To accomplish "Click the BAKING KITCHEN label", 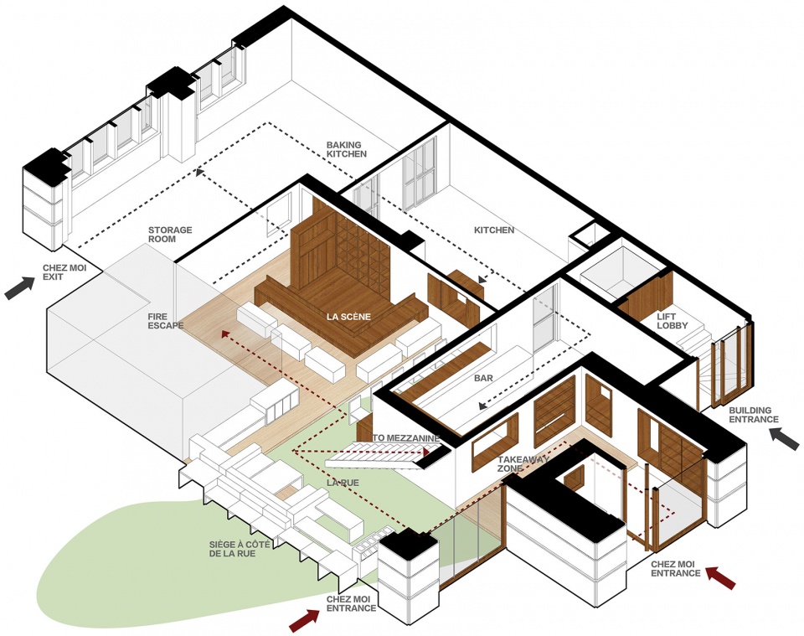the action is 347,149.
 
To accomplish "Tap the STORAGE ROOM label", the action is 170,235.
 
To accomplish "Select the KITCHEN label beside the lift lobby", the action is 494,230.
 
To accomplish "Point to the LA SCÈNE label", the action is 348,317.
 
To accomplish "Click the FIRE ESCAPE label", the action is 166,321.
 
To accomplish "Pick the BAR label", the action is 483,378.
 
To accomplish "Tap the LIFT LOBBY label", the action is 673,321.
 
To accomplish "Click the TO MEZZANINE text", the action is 406,438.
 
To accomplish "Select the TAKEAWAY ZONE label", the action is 523,463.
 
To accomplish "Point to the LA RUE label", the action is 343,483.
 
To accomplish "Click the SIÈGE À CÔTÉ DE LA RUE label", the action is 240,550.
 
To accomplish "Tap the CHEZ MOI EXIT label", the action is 64,272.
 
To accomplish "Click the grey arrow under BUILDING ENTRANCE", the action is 784,440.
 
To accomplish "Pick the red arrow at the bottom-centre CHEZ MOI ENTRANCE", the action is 305,621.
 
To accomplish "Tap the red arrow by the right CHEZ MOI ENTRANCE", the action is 721,577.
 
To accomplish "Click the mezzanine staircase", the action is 382,456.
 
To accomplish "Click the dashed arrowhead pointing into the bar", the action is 483,406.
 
